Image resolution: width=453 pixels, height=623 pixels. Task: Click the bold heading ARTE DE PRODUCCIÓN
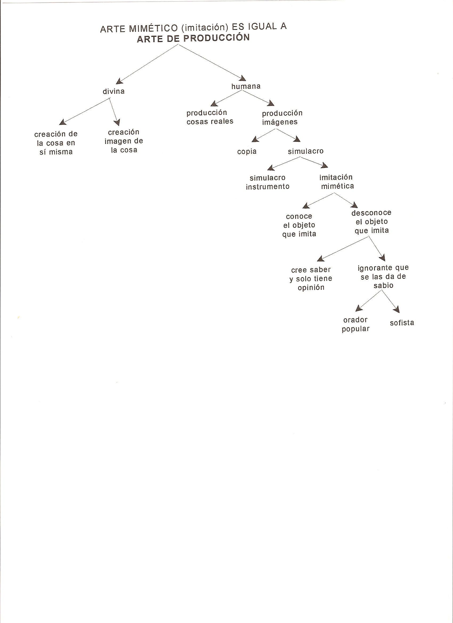(x=193, y=38)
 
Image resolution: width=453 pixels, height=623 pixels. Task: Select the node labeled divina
(x=114, y=91)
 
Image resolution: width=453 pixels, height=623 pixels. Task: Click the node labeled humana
(x=246, y=86)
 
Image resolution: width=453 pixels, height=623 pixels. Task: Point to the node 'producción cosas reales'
(x=210, y=117)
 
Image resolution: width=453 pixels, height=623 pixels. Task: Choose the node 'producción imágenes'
(x=282, y=118)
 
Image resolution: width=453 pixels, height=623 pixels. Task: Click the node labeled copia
(x=247, y=152)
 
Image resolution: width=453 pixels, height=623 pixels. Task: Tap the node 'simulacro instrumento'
(x=268, y=182)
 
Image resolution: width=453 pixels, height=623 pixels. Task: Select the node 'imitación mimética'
(x=337, y=181)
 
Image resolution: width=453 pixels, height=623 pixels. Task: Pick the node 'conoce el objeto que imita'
(x=299, y=225)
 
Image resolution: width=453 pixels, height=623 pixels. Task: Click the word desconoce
(x=371, y=213)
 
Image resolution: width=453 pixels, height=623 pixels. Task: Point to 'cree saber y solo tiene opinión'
(x=311, y=278)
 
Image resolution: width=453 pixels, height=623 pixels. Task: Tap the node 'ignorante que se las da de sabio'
(x=383, y=276)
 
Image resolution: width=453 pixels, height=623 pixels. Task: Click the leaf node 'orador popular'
(x=355, y=324)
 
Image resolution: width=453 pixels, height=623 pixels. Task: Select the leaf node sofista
(x=402, y=323)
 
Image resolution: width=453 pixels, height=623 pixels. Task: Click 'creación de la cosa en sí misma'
(x=56, y=143)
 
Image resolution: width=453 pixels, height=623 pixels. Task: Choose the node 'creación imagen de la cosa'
(x=124, y=141)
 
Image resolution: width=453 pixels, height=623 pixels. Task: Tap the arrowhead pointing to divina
(x=119, y=81)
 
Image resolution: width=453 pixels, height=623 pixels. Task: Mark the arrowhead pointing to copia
(x=255, y=140)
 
